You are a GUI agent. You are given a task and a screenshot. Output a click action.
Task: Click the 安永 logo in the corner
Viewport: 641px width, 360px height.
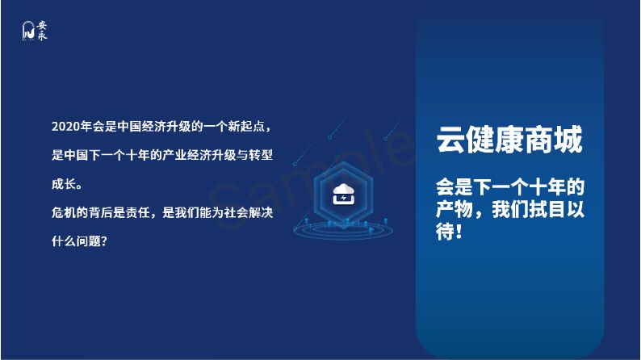[x=35, y=31]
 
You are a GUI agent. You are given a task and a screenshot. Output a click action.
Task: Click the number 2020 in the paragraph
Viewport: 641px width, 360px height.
[x=65, y=127]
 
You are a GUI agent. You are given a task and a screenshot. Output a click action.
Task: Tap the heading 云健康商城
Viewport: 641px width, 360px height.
[x=509, y=140]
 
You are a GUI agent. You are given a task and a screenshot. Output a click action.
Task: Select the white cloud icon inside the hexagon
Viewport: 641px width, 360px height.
[x=344, y=194]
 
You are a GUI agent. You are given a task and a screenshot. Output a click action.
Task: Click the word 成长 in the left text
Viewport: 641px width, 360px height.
[x=64, y=184]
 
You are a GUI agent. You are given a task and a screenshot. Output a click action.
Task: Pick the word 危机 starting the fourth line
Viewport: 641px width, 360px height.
[x=64, y=212]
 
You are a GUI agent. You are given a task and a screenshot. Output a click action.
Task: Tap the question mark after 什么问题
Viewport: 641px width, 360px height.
[x=104, y=241]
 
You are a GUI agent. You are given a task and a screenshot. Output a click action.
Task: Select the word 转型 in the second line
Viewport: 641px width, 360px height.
[x=261, y=155]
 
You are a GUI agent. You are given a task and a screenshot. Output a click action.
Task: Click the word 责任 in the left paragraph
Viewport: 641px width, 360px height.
[x=138, y=212]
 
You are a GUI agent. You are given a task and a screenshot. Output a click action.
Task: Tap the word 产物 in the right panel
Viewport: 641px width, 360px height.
[x=455, y=209]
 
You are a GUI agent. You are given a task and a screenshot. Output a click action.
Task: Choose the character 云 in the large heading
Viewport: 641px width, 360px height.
[x=450, y=140]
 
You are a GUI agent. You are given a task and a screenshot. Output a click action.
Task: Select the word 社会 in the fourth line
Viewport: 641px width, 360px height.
[x=236, y=212]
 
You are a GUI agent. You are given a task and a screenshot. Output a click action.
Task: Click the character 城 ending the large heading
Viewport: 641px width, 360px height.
[x=568, y=140]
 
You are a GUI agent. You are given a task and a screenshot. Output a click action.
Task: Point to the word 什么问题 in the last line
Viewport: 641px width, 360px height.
[x=76, y=241]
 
